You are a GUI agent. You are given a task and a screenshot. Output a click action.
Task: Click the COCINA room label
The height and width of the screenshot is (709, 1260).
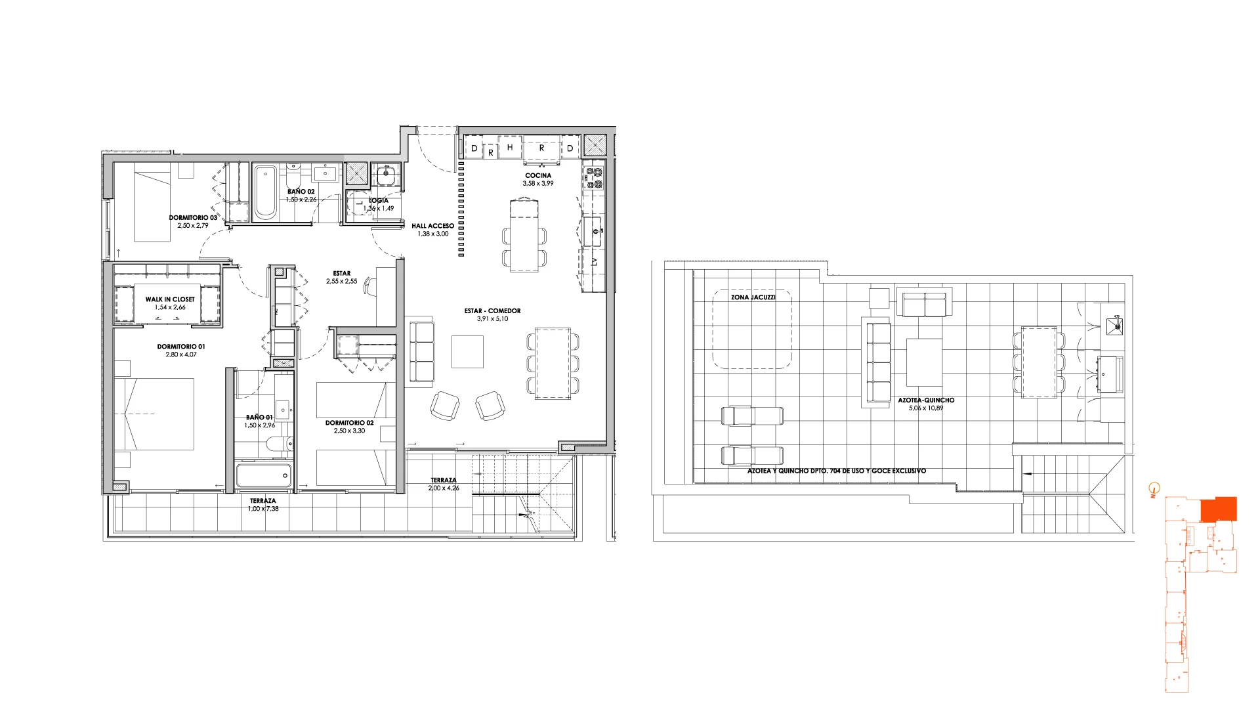pyautogui.click(x=538, y=175)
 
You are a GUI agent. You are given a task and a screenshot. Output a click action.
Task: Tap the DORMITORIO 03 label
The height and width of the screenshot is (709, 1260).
pyautogui.click(x=193, y=217)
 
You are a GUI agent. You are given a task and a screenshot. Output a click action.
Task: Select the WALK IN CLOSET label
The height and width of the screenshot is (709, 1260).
pyautogui.click(x=170, y=299)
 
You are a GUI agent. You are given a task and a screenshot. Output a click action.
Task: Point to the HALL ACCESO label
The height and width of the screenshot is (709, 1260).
pyautogui.click(x=433, y=226)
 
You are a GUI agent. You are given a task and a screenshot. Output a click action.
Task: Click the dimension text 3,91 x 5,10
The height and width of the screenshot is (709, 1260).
pyautogui.click(x=492, y=319)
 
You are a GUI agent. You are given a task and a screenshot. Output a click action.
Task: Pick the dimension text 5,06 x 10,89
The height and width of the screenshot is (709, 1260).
pyautogui.click(x=926, y=408)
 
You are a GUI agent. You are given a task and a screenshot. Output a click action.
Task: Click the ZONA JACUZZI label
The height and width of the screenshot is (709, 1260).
pyautogui.click(x=753, y=297)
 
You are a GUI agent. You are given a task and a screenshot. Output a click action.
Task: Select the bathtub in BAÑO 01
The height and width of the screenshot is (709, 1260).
pyautogui.click(x=264, y=475)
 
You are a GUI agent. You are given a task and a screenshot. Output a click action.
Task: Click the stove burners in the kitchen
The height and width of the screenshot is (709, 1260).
pyautogui.click(x=594, y=178)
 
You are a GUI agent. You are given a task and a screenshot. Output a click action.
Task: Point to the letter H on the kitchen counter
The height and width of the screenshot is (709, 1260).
pyautogui.click(x=510, y=148)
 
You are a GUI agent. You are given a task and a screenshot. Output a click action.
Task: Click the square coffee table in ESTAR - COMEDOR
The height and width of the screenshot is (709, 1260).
pyautogui.click(x=468, y=352)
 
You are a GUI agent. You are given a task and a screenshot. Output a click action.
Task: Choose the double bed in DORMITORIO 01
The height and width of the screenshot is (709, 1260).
pyautogui.click(x=154, y=414)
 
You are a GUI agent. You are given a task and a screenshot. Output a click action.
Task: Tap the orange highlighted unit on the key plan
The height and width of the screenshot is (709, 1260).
pyautogui.click(x=1219, y=509)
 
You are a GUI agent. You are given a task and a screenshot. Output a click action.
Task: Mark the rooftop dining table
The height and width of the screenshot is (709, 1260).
pyautogui.click(x=1039, y=362)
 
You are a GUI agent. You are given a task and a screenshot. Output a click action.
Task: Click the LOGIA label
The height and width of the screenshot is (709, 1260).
pyautogui.click(x=379, y=200)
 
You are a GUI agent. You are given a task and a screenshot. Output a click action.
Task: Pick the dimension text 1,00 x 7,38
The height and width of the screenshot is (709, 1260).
pyautogui.click(x=263, y=509)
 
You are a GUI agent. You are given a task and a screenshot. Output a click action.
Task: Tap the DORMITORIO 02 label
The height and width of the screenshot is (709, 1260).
pyautogui.click(x=350, y=423)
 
